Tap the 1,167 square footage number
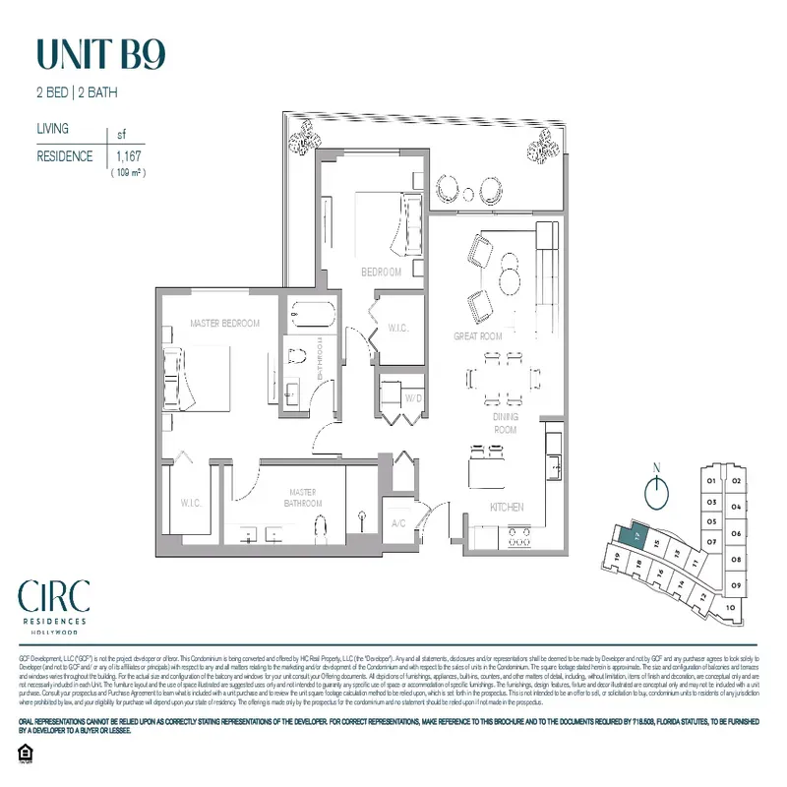tap(129, 156)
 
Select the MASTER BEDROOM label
tap(224, 324)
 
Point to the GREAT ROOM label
tap(478, 336)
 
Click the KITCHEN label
tap(507, 507)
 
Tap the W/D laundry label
tap(414, 398)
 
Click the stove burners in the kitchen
tap(518, 537)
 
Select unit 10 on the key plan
tap(728, 607)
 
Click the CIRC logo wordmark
tap(54, 596)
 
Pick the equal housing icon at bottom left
tap(26, 754)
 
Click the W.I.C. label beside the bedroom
tap(397, 328)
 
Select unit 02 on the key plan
tap(735, 481)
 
